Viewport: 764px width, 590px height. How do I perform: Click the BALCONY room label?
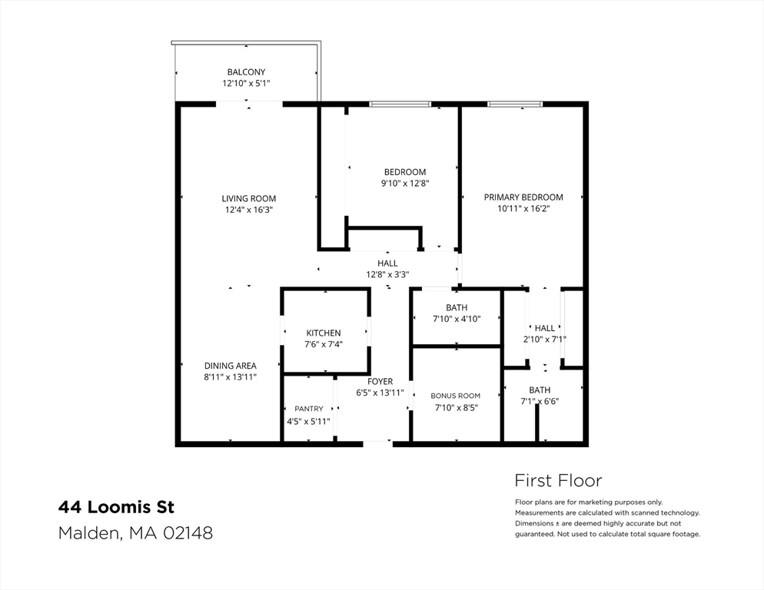246,72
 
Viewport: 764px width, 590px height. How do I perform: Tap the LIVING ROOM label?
248,198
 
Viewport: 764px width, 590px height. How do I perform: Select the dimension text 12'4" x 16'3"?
248,209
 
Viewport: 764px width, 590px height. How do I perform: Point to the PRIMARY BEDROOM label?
523,197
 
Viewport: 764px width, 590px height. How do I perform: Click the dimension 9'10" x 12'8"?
404,184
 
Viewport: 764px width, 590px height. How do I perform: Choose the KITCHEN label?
324,333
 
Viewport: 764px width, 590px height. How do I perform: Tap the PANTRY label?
308,409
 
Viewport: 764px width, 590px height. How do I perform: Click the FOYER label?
380,381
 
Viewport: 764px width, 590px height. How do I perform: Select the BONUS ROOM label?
456,396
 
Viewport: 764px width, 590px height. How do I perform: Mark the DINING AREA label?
231,366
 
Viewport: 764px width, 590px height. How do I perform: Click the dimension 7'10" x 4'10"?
457,319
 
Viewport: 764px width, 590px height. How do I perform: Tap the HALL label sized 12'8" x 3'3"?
387,264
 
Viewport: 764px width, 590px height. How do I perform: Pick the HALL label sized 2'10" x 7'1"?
545,328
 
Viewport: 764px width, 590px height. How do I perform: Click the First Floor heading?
558,481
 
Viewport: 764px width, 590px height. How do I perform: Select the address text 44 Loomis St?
117,507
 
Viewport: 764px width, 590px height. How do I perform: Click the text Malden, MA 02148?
135,532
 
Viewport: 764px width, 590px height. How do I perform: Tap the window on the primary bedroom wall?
515,104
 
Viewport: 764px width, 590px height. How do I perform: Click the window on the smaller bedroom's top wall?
400,104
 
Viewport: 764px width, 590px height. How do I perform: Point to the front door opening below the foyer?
377,442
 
